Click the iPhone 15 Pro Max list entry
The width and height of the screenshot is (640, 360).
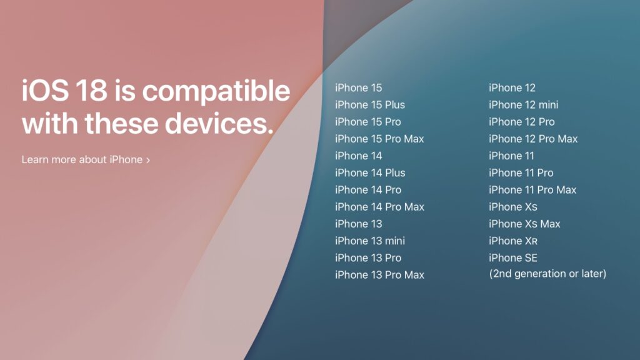(379, 139)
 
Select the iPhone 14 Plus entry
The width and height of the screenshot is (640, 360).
(370, 173)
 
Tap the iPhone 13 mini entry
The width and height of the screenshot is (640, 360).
(370, 241)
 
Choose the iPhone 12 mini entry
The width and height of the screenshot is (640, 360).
(524, 105)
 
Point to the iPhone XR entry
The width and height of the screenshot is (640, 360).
(513, 241)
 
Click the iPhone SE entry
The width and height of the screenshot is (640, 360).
(513, 257)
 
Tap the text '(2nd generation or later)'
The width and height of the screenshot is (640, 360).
(547, 274)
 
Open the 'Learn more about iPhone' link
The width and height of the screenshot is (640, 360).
(82, 159)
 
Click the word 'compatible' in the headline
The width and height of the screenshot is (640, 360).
(216, 91)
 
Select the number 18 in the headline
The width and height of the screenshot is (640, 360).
(87, 91)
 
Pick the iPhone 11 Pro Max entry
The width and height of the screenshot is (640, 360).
(532, 190)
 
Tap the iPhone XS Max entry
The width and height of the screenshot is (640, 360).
(524, 224)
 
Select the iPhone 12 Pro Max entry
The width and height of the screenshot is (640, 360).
(533, 139)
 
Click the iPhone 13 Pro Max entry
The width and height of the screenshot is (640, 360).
(379, 274)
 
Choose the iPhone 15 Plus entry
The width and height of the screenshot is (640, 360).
(370, 105)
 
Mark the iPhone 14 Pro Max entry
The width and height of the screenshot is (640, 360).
(379, 207)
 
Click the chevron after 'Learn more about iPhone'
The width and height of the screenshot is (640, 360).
(148, 160)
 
